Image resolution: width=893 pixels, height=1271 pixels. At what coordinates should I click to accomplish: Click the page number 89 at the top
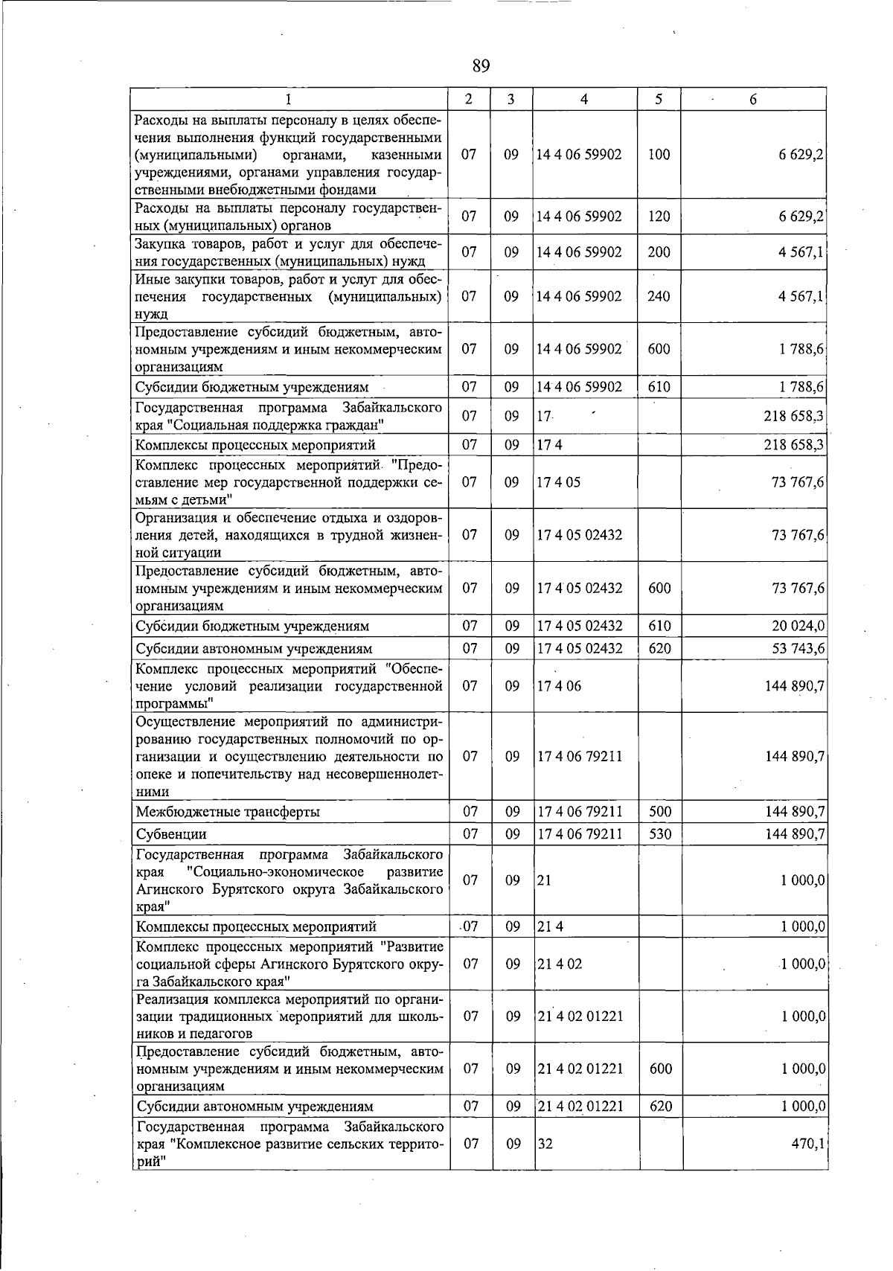[481, 66]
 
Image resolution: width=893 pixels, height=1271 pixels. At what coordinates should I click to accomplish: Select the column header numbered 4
[585, 100]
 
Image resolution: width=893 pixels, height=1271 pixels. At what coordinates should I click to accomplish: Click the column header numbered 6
[753, 100]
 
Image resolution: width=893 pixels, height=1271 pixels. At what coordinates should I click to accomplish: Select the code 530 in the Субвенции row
[659, 834]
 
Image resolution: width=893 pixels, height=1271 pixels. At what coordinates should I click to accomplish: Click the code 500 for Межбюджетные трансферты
[659, 812]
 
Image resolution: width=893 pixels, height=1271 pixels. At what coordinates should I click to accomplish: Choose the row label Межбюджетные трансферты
[228, 812]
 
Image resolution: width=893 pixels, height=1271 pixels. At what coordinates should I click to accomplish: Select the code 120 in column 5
[659, 217]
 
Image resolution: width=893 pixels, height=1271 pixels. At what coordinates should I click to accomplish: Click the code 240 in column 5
[659, 296]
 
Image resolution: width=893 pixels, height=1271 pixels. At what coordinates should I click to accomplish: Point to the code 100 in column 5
[659, 155]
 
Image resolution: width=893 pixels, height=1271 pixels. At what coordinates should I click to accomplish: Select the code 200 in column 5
[659, 252]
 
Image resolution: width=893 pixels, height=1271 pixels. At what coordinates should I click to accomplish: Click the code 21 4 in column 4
[550, 927]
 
